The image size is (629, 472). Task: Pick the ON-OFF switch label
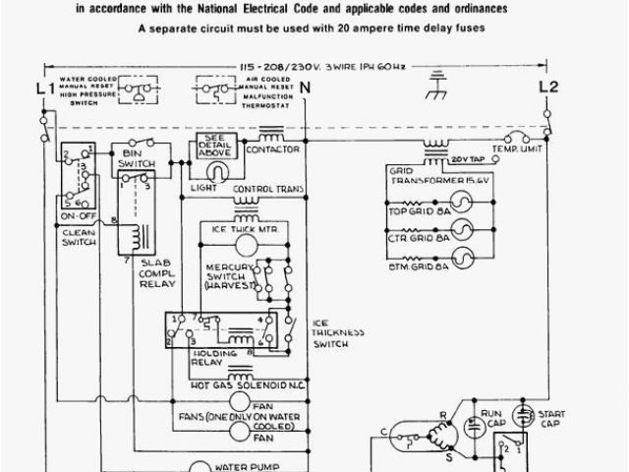(74, 214)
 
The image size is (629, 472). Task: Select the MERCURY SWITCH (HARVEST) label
(232, 277)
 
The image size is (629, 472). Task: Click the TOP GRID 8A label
(418, 210)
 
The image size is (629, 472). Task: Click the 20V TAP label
(469, 157)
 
